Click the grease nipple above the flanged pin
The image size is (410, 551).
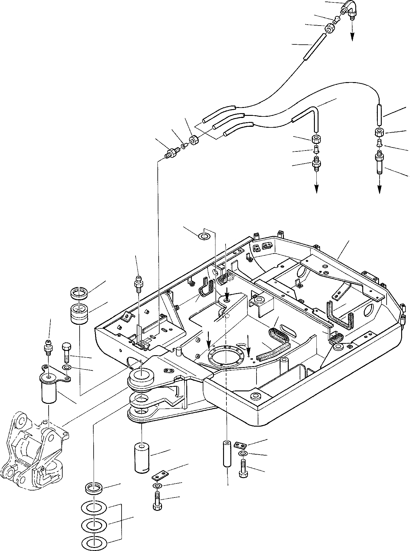[47, 346]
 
